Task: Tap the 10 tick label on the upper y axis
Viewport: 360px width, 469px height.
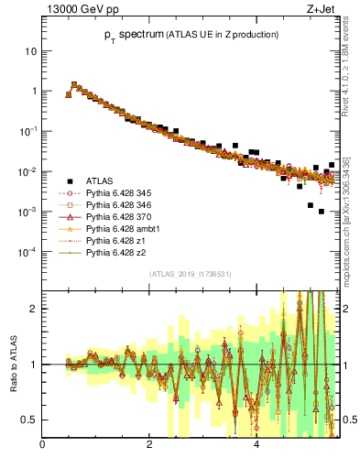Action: [x=30, y=51]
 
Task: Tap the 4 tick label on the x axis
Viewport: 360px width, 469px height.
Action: [x=256, y=447]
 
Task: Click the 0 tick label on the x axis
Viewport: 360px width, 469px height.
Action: [x=43, y=447]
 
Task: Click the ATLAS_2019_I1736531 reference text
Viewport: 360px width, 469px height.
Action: [x=191, y=275]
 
